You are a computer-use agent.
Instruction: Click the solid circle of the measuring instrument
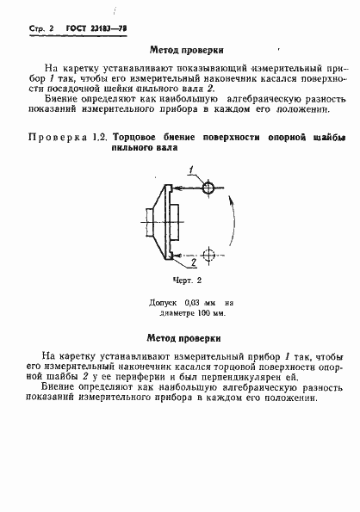(x=208, y=187)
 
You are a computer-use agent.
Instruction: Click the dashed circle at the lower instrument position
(x=208, y=254)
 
